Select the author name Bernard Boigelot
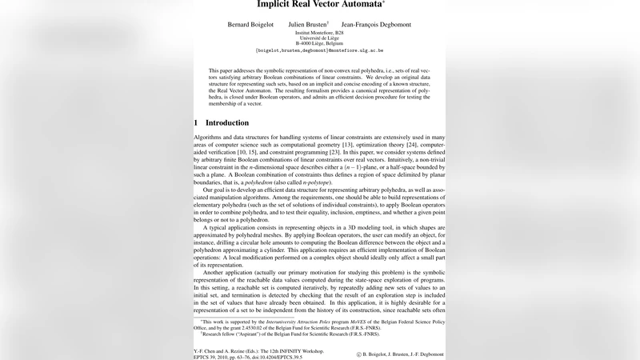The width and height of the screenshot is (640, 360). (252, 24)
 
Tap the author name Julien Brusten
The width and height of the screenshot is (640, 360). (308, 24)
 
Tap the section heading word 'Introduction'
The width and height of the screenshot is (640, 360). (227, 123)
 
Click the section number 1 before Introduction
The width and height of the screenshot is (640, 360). (196, 123)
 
